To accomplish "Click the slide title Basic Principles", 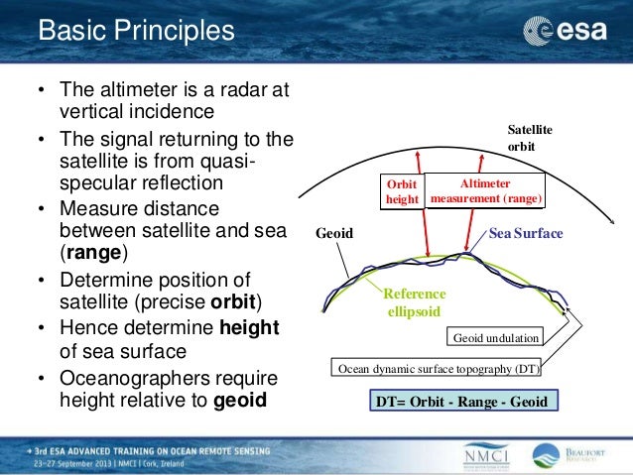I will (x=136, y=31).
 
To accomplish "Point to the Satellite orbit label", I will (x=530, y=138).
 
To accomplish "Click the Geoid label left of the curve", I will (x=334, y=235).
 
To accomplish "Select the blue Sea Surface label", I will (x=525, y=234).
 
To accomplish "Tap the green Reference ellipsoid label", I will (x=414, y=303).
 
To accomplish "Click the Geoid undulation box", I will (x=495, y=338).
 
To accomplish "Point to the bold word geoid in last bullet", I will (x=241, y=402).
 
